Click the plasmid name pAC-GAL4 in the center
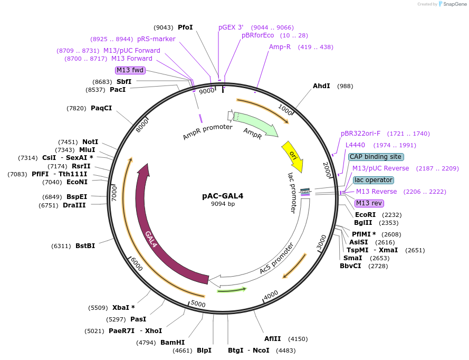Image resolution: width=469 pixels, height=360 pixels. [x=223, y=195]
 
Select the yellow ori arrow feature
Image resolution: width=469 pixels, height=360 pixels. [x=293, y=156]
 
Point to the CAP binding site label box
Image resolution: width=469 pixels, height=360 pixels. [x=376, y=157]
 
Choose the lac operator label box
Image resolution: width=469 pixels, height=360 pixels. [x=373, y=180]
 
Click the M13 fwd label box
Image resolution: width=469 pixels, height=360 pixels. [x=130, y=70]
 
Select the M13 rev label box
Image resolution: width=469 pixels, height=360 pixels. [x=369, y=203]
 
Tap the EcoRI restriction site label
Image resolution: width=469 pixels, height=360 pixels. [x=366, y=215]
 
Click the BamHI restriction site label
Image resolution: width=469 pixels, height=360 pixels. [x=173, y=343]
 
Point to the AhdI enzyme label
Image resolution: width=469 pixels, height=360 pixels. [x=321, y=86]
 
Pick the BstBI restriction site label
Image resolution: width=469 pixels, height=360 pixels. [x=85, y=246]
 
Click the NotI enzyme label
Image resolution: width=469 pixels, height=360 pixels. [x=90, y=142]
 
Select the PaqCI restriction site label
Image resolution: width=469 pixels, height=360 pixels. [x=101, y=108]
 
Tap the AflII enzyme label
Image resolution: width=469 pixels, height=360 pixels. [x=273, y=339]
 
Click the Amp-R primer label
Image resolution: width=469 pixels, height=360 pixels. [x=280, y=47]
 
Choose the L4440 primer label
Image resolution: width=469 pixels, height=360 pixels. [x=355, y=145]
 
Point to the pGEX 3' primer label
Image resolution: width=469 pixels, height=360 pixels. [x=231, y=27]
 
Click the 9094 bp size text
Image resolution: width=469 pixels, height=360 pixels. [x=223, y=204]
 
